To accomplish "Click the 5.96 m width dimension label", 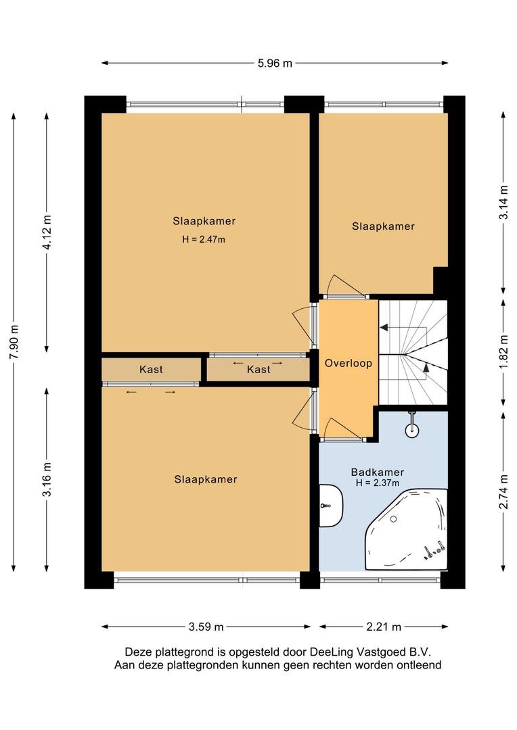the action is [275, 63].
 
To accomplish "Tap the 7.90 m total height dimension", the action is [14, 342].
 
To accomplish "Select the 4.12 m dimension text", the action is [47, 232].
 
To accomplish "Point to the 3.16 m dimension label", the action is [47, 479].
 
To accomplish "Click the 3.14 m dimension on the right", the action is [503, 203].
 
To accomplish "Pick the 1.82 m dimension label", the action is [503, 351].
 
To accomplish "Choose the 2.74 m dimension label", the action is [503, 491].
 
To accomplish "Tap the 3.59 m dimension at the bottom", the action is [206, 627].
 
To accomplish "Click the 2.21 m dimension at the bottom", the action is [384, 627].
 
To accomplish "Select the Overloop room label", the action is [349, 363].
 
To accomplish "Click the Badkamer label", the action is [377, 472].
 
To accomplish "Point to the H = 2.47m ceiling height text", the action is [204, 240].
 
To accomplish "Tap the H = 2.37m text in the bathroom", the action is [377, 483].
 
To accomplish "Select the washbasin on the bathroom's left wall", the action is [330, 506].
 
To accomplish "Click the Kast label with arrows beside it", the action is [258, 369].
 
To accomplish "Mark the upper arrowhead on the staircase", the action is [384, 328].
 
